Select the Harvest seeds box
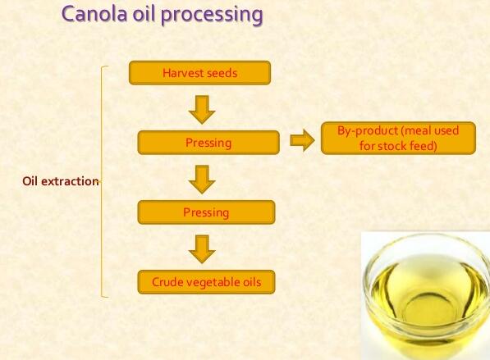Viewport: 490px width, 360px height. click(199, 73)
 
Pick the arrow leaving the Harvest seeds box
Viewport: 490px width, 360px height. click(201, 108)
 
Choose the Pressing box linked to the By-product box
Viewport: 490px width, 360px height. click(208, 143)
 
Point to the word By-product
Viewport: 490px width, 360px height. click(369, 131)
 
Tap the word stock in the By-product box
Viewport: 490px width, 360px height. click(390, 147)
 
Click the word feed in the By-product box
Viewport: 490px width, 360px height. click(422, 147)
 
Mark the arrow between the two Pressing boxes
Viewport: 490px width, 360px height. click(201, 178)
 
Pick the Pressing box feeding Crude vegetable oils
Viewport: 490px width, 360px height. click(206, 213)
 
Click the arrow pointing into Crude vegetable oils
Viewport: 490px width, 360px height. click(201, 248)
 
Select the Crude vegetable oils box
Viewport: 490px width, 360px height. click(206, 283)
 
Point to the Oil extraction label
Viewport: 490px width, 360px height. click(60, 181)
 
